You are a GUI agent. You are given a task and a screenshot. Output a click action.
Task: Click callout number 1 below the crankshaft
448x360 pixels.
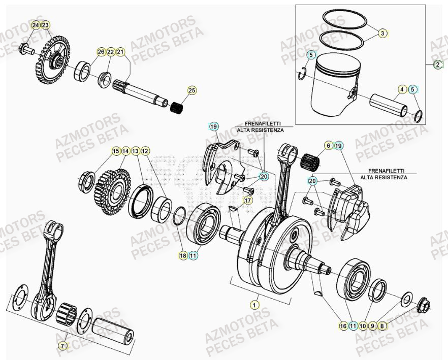[253, 305]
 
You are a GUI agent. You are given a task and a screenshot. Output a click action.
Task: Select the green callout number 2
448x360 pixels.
[438, 64]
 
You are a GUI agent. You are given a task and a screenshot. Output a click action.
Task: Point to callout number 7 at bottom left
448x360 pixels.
[62, 346]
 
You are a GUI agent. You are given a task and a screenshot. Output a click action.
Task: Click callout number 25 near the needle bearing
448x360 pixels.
[191, 90]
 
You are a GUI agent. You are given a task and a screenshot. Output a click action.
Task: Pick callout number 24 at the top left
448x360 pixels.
[35, 25]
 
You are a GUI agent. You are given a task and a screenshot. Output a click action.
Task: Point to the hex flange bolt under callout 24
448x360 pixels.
[26, 49]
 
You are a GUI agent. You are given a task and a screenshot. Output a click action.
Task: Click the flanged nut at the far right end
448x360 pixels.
[423, 306]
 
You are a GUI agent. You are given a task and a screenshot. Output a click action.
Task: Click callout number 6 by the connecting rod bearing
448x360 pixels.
[329, 146]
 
